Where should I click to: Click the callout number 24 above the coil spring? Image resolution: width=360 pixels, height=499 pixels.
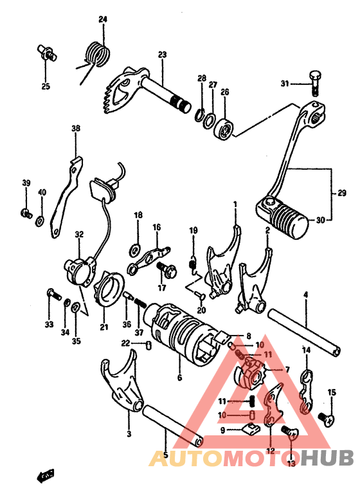(103, 19)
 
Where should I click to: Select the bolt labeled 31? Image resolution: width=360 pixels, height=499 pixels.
(314, 82)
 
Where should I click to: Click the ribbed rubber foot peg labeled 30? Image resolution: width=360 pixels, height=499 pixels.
(282, 217)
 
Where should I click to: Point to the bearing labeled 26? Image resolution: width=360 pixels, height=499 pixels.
(224, 129)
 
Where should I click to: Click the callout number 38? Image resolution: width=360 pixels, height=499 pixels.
(76, 129)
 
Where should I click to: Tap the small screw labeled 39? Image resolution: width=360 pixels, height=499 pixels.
(26, 213)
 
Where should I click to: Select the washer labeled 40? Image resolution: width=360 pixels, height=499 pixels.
(40, 220)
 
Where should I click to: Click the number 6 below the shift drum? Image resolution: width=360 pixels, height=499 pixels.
(180, 377)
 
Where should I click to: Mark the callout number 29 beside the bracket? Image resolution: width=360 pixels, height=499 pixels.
(342, 193)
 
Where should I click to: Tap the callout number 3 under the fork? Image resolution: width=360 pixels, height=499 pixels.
(129, 433)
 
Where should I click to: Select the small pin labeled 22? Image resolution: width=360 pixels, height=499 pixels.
(148, 345)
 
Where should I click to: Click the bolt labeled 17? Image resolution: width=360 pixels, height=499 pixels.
(166, 269)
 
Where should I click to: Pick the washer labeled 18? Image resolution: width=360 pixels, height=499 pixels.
(136, 249)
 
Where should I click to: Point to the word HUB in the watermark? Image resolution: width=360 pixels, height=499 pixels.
(327, 457)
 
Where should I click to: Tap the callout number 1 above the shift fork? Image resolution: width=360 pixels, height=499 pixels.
(235, 203)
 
